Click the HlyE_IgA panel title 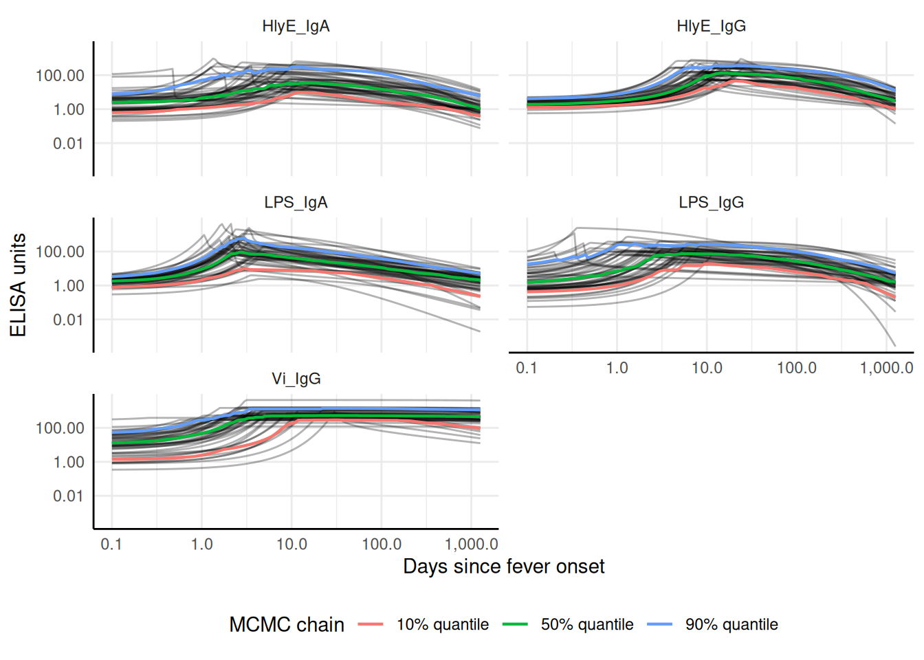296,26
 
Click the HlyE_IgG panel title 711,26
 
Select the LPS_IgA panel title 296,203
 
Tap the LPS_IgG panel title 711,203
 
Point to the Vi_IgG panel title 296,379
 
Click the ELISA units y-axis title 19,285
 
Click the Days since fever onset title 503,566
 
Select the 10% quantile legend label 443,624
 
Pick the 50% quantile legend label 587,624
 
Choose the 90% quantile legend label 731,624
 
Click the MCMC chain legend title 287,624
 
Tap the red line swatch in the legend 371,624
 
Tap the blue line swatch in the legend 659,624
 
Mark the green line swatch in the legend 515,624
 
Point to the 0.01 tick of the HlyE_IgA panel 68,144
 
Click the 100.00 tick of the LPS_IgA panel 60,252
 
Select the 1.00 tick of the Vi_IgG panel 68,462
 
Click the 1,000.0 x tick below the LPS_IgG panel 886,368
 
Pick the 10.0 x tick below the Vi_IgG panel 291,544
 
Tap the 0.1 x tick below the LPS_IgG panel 527,368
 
